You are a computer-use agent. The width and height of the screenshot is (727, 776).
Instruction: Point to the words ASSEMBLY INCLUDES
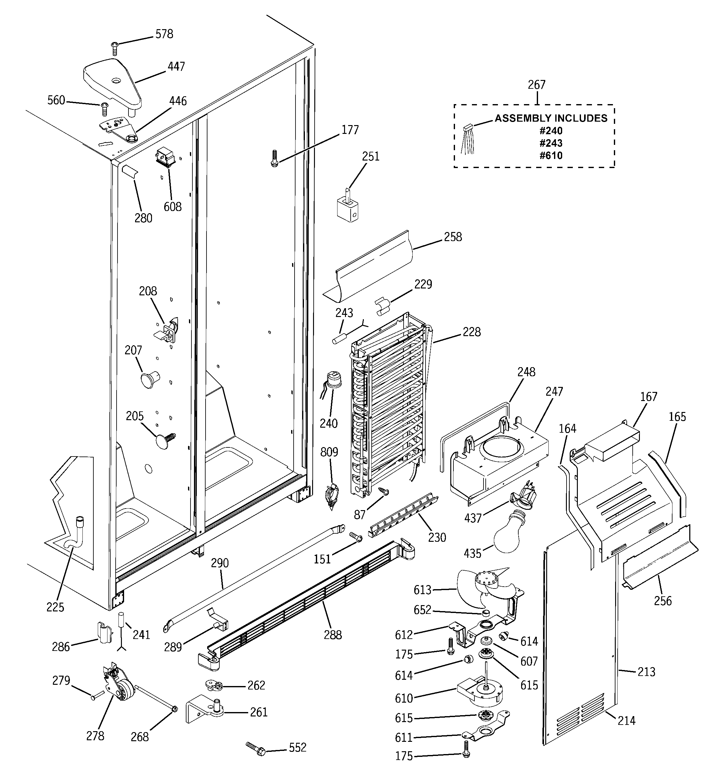click(x=551, y=118)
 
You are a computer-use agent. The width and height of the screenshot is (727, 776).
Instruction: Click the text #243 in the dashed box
click(x=551, y=143)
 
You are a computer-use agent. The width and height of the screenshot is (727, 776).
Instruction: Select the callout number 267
click(x=536, y=85)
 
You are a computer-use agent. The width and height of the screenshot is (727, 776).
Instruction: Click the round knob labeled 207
click(x=149, y=379)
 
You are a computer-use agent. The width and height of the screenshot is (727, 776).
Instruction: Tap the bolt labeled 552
click(x=256, y=749)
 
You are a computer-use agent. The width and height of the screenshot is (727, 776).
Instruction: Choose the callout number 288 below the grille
click(x=332, y=635)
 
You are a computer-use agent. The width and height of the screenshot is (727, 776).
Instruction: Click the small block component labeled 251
click(x=347, y=207)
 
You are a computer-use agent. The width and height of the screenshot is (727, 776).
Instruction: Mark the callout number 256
click(x=663, y=601)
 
